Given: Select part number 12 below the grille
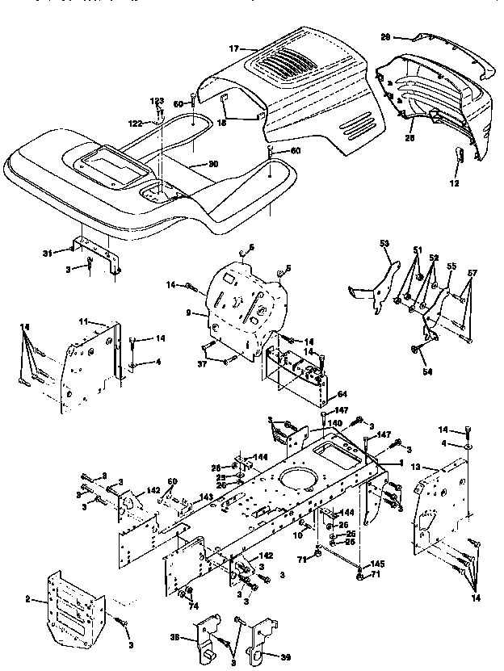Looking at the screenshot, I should (x=454, y=184).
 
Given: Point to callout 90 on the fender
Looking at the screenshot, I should (x=212, y=164).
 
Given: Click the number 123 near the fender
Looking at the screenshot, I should (x=158, y=100).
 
